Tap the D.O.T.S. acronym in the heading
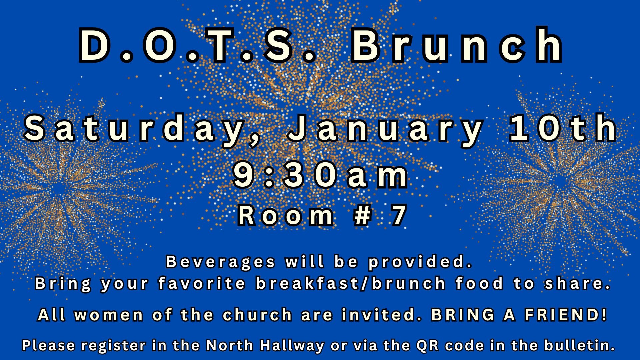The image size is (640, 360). coord(197,46)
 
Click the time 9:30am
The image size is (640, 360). coord(320,176)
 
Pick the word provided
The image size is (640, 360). coord(421,262)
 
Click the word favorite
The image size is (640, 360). coord(202,283)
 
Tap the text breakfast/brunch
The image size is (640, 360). coord(351,283)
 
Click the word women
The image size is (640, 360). coord(109,315)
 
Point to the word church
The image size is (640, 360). coord(257,315)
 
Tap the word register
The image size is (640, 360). coord(113,346)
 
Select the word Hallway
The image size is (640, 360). coord(292,346)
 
